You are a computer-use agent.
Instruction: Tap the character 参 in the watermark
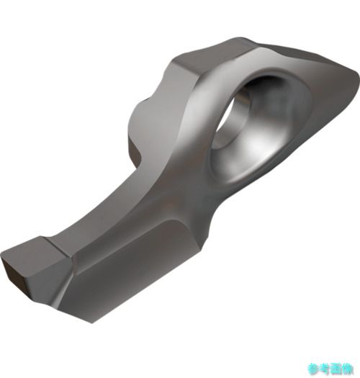point(312,369)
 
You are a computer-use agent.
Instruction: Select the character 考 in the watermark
point(324,369)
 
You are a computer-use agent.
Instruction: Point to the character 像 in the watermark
point(348,369)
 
